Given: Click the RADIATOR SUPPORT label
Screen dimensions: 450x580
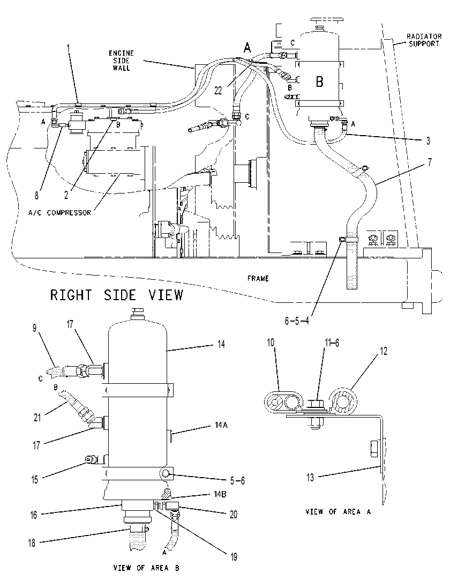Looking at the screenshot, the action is click(x=424, y=40).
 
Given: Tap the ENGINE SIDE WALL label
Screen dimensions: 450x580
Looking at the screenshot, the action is click(x=121, y=61).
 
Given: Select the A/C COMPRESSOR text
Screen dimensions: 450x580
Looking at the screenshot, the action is click(x=59, y=213).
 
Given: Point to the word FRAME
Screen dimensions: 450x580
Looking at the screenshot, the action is click(x=258, y=278).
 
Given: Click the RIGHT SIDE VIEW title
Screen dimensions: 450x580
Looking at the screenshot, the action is click(x=117, y=295).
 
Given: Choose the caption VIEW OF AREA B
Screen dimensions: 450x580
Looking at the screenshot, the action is click(x=146, y=568).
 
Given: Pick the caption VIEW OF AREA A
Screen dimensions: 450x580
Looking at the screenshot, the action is click(x=338, y=511).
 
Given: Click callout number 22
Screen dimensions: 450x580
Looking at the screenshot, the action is click(x=219, y=91).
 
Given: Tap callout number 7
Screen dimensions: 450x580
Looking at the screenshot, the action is click(x=429, y=162).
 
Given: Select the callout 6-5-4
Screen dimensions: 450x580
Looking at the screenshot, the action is click(x=297, y=321).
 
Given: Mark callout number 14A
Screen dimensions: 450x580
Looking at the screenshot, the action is click(x=221, y=425).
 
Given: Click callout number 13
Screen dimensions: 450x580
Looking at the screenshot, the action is click(x=310, y=478).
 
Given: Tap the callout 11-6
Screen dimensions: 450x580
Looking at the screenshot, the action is click(x=332, y=343).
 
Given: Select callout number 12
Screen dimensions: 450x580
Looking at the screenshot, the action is click(x=384, y=351).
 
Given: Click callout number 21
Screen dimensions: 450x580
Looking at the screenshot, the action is click(x=37, y=417).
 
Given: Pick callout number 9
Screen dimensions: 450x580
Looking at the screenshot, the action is click(x=34, y=328).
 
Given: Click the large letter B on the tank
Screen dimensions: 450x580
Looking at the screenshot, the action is click(x=319, y=81).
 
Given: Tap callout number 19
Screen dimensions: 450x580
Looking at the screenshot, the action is click(x=234, y=557).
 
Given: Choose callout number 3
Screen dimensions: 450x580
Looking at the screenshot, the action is click(x=428, y=140).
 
